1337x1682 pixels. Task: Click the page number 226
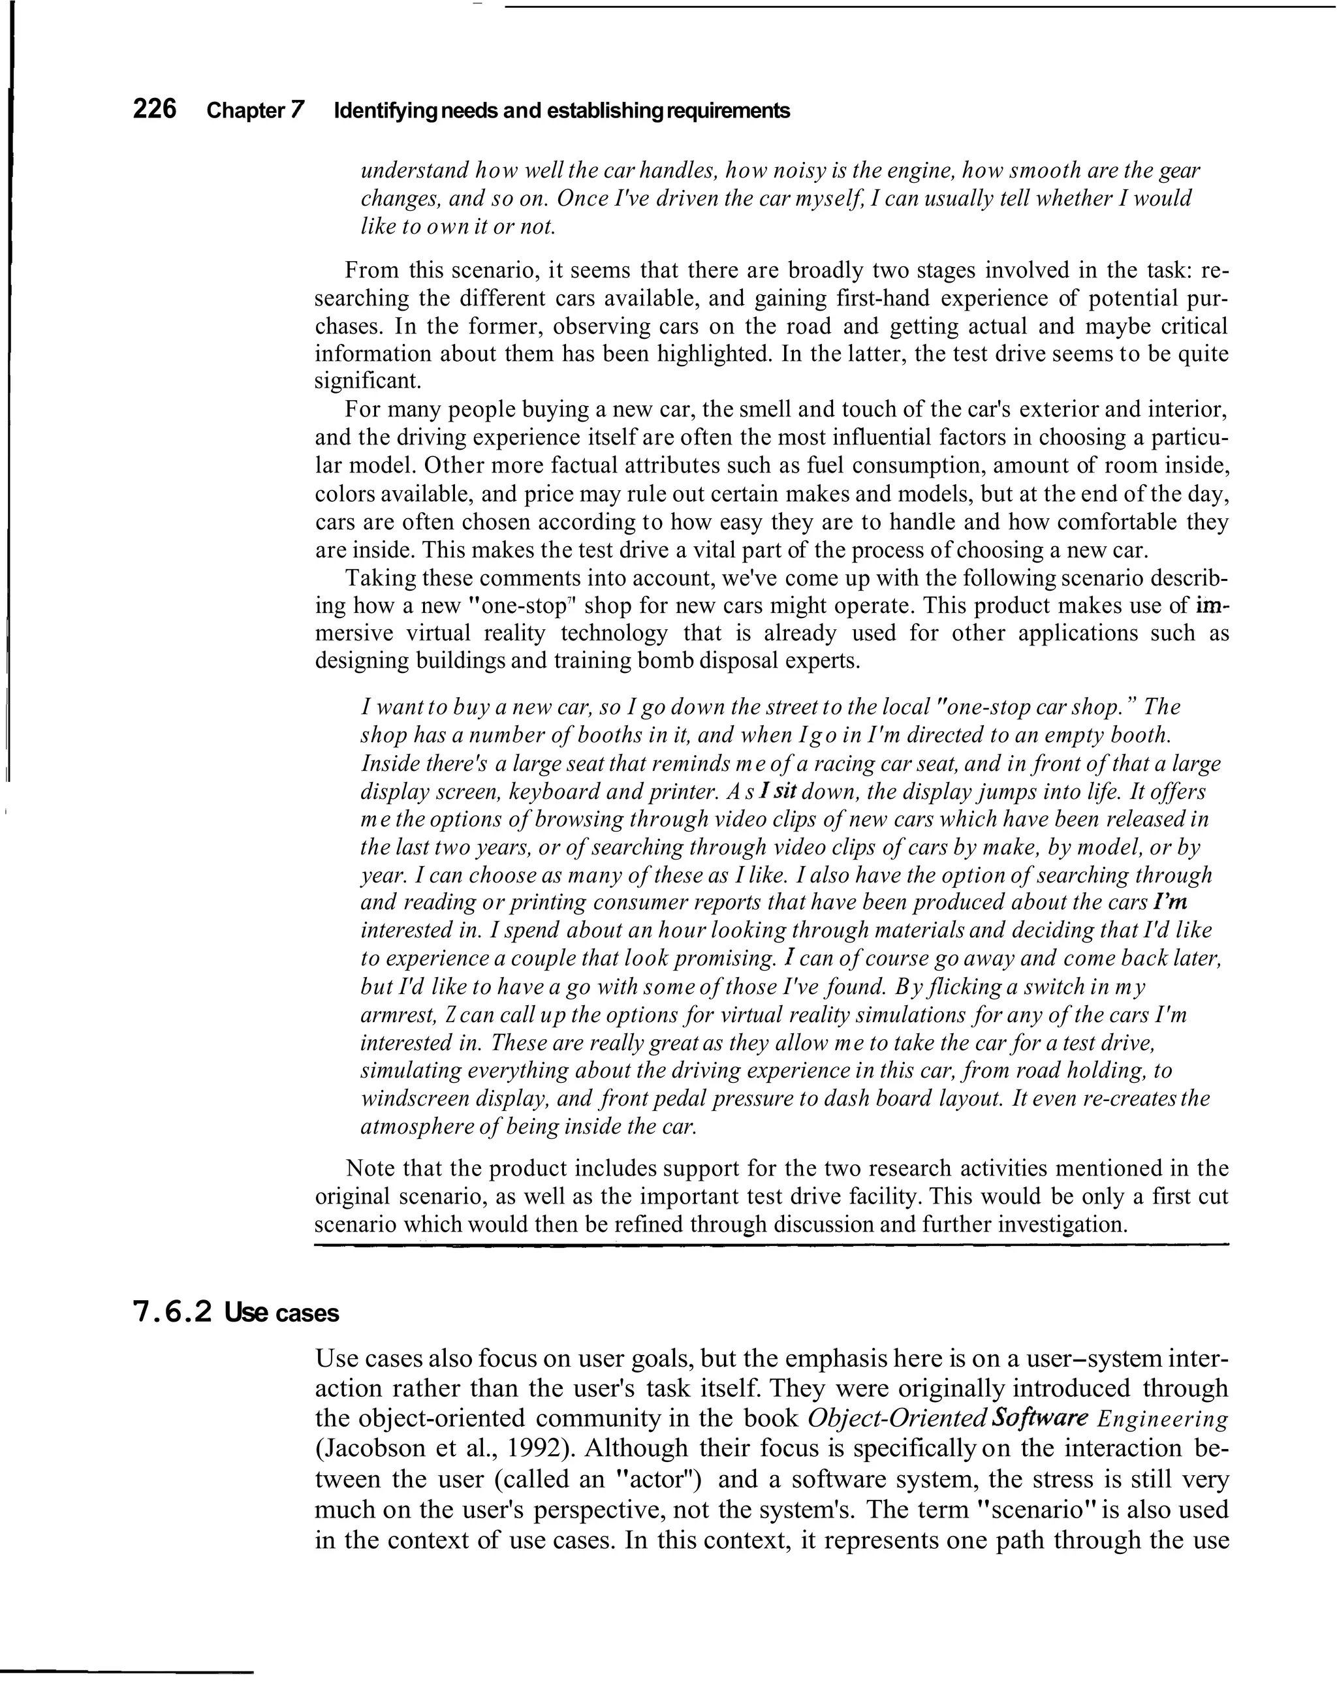coord(155,109)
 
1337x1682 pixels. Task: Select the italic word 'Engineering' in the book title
coord(1163,1418)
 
